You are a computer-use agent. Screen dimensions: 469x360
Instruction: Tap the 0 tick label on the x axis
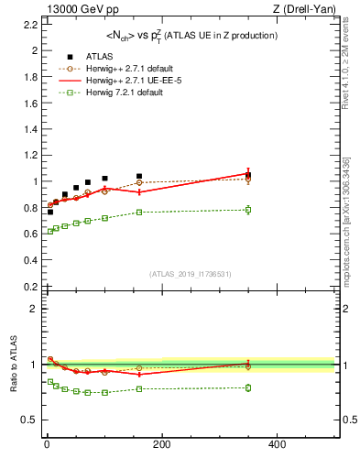point(47,444)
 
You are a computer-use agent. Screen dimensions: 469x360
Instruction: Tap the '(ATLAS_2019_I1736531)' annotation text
point(190,274)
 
